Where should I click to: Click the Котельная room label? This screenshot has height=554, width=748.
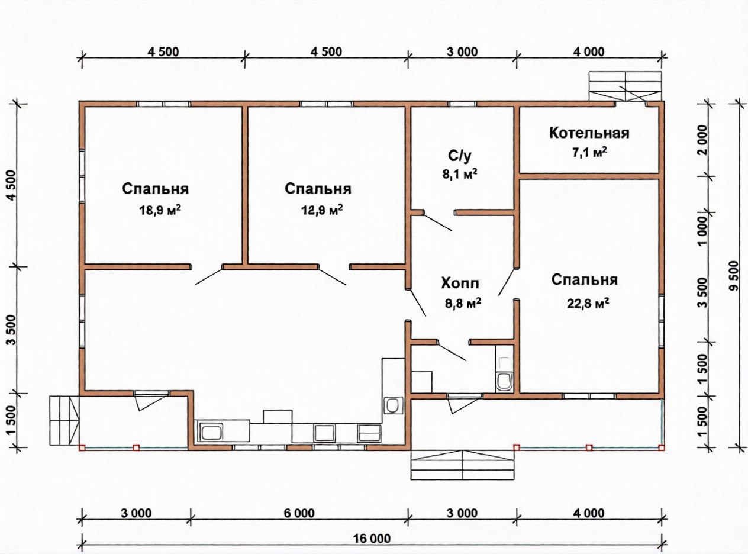coord(589,133)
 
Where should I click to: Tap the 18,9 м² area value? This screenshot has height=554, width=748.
coord(160,210)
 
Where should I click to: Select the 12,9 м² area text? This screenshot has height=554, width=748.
coord(323,210)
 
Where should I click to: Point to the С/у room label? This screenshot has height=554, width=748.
coord(460,156)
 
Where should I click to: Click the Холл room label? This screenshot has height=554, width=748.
coord(460,284)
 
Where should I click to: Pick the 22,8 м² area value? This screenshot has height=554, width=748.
coord(588,303)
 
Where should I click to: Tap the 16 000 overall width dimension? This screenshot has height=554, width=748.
coord(372,539)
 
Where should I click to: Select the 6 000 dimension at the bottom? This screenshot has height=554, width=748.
coord(299,513)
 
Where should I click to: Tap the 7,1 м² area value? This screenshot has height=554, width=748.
coord(589,152)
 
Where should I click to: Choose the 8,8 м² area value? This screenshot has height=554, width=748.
coord(463,303)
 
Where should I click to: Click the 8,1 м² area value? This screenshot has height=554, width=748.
coord(460,174)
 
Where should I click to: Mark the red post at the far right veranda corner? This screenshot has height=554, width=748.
coord(662,447)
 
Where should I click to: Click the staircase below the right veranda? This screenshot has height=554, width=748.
coord(463,465)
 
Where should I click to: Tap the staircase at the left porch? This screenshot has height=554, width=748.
coord(65,420)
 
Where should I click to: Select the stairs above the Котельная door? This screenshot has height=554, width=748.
coord(625,86)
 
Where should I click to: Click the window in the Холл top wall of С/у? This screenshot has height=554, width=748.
coord(462,104)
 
